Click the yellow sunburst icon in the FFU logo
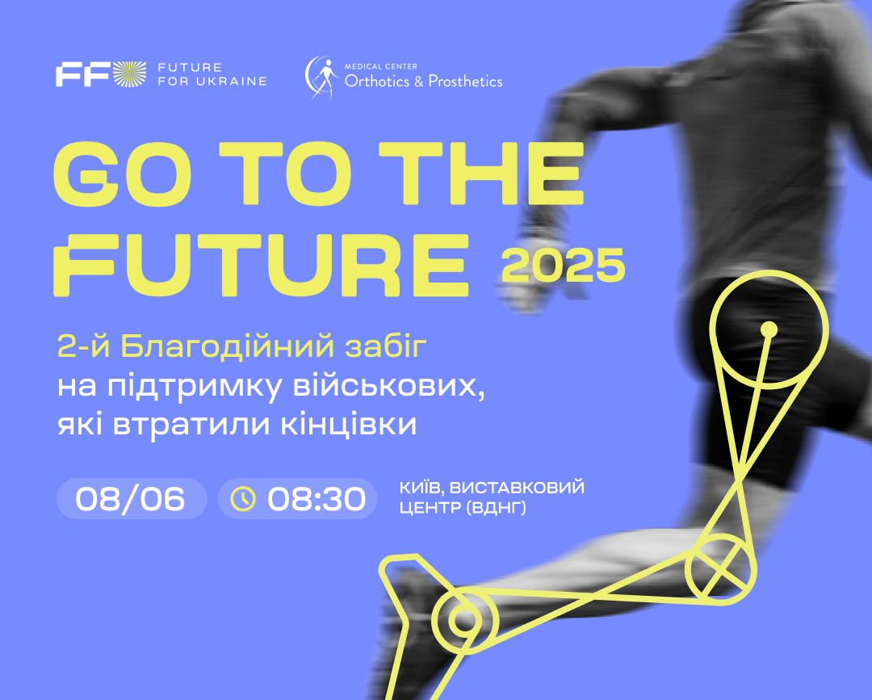pyautogui.click(x=130, y=74)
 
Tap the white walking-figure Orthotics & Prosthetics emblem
pyautogui.click(x=322, y=78)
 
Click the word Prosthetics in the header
pyautogui.click(x=466, y=82)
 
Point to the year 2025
pyautogui.click(x=564, y=265)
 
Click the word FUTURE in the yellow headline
pyautogui.click(x=262, y=265)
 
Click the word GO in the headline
pyautogui.click(x=122, y=173)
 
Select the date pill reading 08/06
pyautogui.click(x=132, y=499)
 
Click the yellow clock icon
pyautogui.click(x=243, y=499)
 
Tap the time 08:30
pyautogui.click(x=317, y=499)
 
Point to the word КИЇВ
pyautogui.click(x=421, y=488)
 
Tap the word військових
pyautogui.click(x=388, y=386)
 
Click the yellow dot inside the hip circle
pyautogui.click(x=769, y=329)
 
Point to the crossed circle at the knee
pyautogui.click(x=721, y=570)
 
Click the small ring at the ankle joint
pyautogui.click(x=466, y=620)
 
